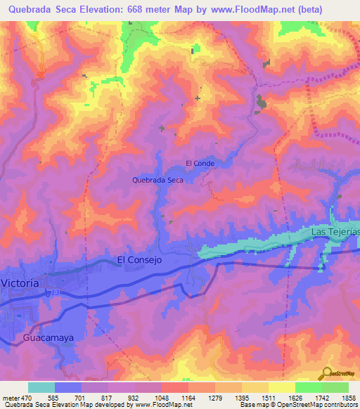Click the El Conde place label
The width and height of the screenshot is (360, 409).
pos(200,163)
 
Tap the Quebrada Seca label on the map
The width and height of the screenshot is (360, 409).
pos(158,180)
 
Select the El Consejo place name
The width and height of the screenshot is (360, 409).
pos(140,259)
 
